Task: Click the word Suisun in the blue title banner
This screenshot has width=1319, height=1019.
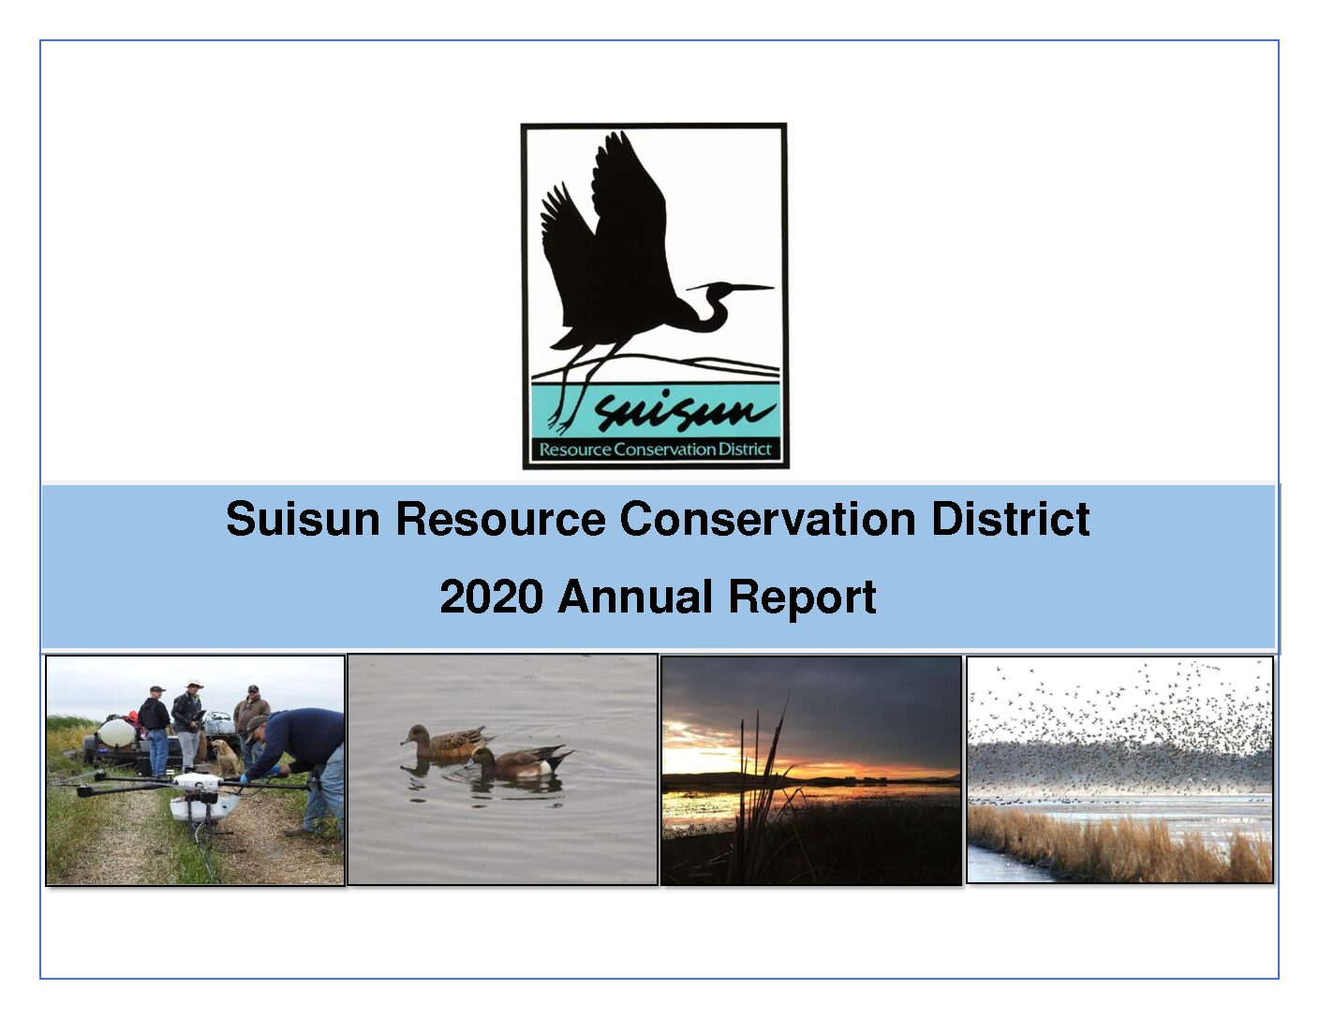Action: pyautogui.click(x=303, y=519)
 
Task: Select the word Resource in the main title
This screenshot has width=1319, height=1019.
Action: pyautogui.click(x=501, y=519)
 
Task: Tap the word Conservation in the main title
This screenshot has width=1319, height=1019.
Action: pyautogui.click(x=767, y=519)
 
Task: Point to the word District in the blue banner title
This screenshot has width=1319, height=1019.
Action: pyautogui.click(x=1011, y=519)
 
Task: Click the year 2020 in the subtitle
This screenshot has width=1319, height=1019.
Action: pyautogui.click(x=491, y=597)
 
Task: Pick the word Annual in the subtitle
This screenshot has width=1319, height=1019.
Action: pyautogui.click(x=635, y=597)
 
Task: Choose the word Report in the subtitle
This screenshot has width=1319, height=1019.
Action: pyautogui.click(x=802, y=598)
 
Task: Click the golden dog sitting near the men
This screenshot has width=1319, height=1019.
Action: pyautogui.click(x=226, y=757)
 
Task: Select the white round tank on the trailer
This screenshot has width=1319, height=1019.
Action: pyautogui.click(x=116, y=733)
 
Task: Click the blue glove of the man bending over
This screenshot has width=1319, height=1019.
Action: pyautogui.click(x=245, y=777)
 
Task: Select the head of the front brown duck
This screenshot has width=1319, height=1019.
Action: pyautogui.click(x=412, y=734)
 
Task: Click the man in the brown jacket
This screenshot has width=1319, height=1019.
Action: pyautogui.click(x=252, y=721)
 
